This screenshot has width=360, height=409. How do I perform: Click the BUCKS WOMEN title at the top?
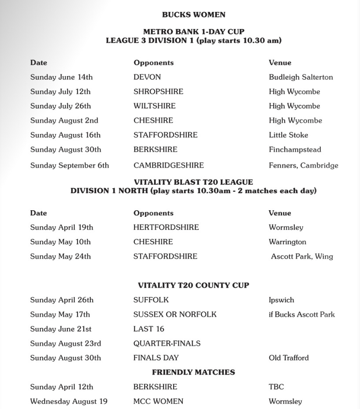point(193,15)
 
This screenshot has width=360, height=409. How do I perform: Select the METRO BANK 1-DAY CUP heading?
point(193,32)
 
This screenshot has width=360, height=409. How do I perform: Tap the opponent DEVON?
point(147,77)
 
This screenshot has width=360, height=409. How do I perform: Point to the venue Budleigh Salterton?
point(301,77)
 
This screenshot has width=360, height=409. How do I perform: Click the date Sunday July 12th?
point(60,92)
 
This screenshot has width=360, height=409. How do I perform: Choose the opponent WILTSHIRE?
point(154,106)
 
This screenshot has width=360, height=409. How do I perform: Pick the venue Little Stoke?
point(288,135)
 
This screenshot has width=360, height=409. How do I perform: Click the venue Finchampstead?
point(295,149)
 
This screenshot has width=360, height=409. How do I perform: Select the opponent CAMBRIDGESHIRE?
point(168,165)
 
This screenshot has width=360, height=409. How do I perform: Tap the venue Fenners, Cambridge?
point(303,165)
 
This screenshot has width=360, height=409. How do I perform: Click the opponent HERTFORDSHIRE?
point(166,227)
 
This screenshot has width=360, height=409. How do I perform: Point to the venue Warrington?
point(287,242)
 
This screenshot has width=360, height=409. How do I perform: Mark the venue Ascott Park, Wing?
point(302,257)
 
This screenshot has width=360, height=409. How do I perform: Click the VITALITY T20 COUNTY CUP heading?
point(193,285)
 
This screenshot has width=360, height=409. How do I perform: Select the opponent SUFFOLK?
point(151,300)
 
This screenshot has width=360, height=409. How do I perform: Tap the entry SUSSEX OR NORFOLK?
point(174,315)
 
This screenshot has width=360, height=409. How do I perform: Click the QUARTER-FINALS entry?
point(167,343)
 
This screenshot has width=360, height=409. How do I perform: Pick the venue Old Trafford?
point(289,358)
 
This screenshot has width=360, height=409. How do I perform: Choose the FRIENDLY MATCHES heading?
point(193,372)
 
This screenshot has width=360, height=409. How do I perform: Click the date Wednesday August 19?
point(69,402)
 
